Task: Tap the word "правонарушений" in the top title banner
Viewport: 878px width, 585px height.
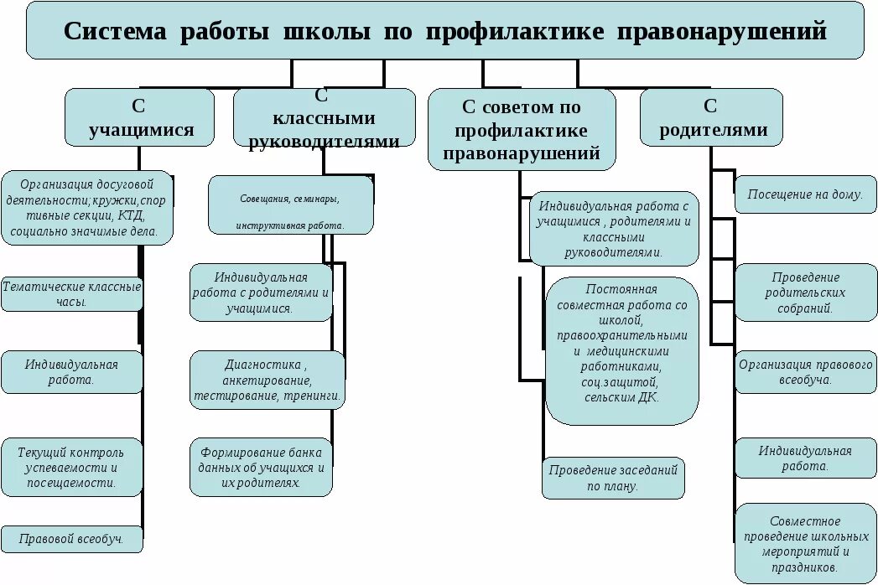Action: [x=722, y=32]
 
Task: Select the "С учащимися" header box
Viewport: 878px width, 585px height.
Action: [x=140, y=118]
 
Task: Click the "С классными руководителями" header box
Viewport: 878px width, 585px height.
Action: [x=324, y=118]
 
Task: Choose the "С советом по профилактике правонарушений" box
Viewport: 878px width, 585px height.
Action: [x=521, y=130]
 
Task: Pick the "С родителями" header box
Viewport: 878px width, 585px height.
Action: [x=711, y=118]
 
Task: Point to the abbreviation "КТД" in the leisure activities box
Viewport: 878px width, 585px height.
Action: [x=131, y=215]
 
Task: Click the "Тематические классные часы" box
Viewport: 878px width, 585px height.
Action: [x=71, y=293]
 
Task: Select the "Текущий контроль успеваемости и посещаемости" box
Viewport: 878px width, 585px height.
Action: [x=71, y=468]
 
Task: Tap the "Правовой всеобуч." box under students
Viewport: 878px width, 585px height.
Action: [x=71, y=539]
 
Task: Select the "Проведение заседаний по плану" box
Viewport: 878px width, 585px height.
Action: [x=613, y=478]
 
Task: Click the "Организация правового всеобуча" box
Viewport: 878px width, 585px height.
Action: [x=805, y=372]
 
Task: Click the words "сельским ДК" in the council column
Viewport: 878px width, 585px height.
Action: [x=621, y=397]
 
